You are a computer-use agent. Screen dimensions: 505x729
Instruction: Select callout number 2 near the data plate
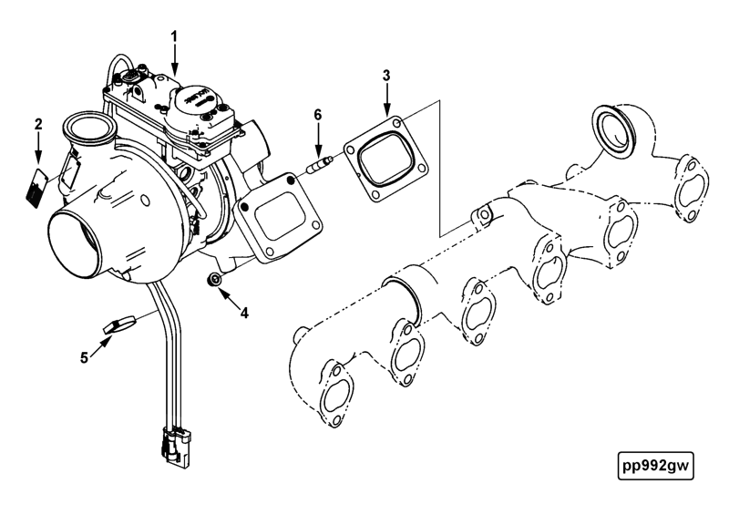click(38, 123)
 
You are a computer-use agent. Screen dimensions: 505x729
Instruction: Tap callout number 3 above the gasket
click(386, 74)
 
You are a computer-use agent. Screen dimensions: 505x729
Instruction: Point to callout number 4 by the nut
click(244, 312)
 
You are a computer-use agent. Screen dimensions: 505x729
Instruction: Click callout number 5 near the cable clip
click(85, 357)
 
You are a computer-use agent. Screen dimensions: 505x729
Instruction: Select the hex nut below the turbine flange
click(216, 279)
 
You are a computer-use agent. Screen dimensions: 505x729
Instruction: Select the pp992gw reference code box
click(653, 465)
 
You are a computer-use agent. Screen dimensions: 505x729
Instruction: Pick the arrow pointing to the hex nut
click(230, 295)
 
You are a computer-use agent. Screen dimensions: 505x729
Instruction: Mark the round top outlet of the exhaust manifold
click(614, 128)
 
